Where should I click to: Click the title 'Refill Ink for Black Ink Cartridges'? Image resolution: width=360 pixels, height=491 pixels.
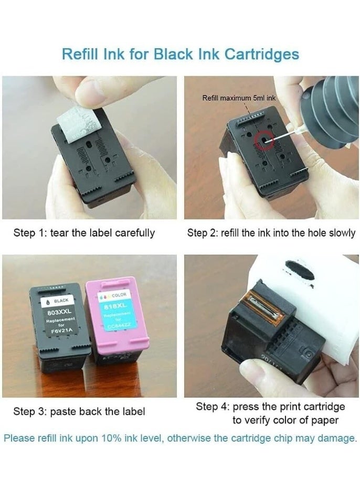[x=180, y=54]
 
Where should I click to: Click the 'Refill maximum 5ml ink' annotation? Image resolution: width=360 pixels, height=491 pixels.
[x=239, y=98]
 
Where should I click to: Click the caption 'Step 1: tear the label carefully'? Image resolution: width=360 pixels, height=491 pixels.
[x=84, y=233]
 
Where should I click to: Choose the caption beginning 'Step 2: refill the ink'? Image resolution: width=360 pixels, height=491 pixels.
[x=271, y=233]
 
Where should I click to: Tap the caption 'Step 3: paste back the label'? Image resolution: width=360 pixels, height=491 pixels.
[x=79, y=412]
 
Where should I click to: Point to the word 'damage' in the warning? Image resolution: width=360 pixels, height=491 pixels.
[x=337, y=438]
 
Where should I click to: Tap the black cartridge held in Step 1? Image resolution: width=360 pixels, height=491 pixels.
[x=92, y=163]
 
